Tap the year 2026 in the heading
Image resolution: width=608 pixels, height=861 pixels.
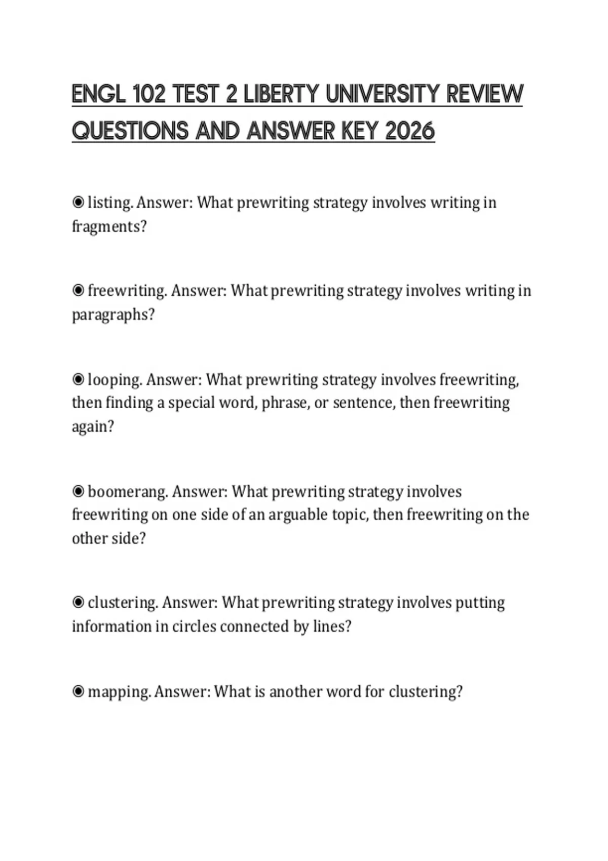coord(410,132)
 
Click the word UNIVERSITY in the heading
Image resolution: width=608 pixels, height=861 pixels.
coord(383,94)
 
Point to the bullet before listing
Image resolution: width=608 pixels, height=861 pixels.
coord(78,203)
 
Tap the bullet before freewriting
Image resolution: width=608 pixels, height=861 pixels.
coord(78,291)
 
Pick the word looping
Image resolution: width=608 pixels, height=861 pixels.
coord(115,379)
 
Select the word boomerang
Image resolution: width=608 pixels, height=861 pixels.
coord(128,491)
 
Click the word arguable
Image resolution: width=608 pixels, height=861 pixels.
coord(298,515)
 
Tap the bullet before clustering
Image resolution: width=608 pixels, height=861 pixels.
coord(78,603)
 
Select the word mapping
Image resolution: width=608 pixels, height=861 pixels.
coord(119,692)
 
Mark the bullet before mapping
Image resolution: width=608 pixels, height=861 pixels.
coord(78,691)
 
